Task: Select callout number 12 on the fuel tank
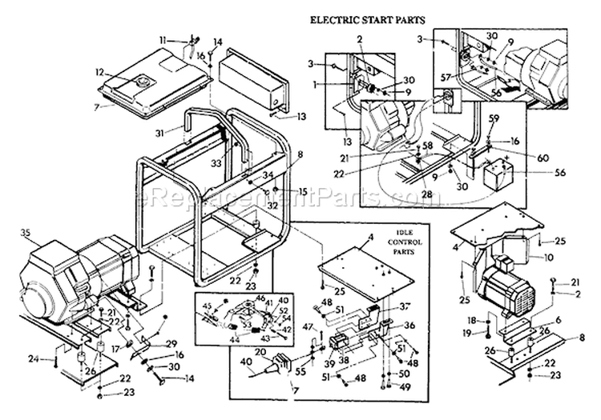(x=100, y=72)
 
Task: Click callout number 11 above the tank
(x=162, y=39)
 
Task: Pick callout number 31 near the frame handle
(x=160, y=133)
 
